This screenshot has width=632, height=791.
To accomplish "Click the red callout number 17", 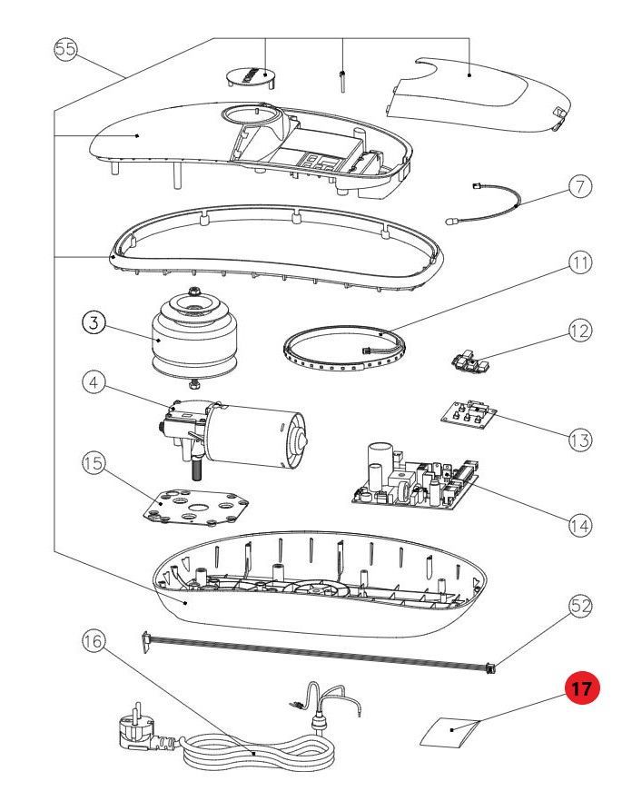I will tap(582, 688).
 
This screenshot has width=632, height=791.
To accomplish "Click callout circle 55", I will tap(64, 49).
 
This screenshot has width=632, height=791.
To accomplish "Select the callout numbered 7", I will tap(581, 187).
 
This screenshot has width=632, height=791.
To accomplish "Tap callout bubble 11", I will tap(579, 263).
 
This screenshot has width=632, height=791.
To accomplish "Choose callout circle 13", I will tap(579, 440).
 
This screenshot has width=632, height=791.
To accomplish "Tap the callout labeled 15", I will tap(94, 464).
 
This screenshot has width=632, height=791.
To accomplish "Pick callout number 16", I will tap(93, 641).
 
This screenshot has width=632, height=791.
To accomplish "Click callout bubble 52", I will tap(580, 606).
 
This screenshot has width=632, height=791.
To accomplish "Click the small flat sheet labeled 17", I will tap(452, 730).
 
